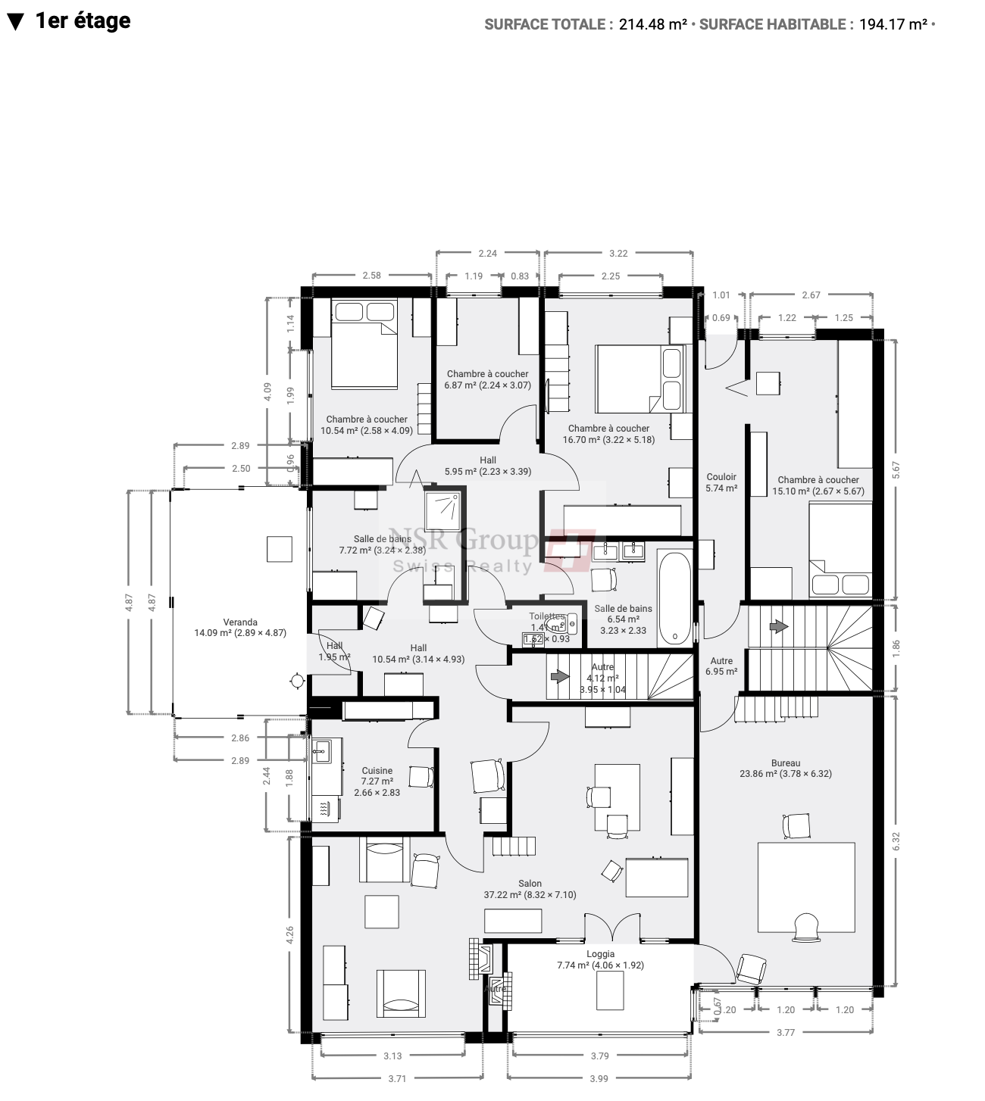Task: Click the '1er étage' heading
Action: pyautogui.click(x=82, y=21)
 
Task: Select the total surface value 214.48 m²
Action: pyautogui.click(x=652, y=24)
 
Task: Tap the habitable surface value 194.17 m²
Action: pyautogui.click(x=893, y=24)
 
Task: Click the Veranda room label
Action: pyautogui.click(x=240, y=622)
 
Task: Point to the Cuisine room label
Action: pyautogui.click(x=377, y=771)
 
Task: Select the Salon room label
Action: pyautogui.click(x=530, y=884)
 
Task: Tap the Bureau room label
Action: pyautogui.click(x=785, y=763)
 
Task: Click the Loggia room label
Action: pyautogui.click(x=600, y=954)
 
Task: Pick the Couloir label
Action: pyautogui.click(x=721, y=477)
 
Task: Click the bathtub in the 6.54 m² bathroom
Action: pyautogui.click(x=674, y=596)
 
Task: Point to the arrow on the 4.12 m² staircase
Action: pyautogui.click(x=559, y=676)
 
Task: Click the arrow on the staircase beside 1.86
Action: pyautogui.click(x=777, y=627)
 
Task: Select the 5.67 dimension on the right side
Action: pyautogui.click(x=896, y=470)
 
